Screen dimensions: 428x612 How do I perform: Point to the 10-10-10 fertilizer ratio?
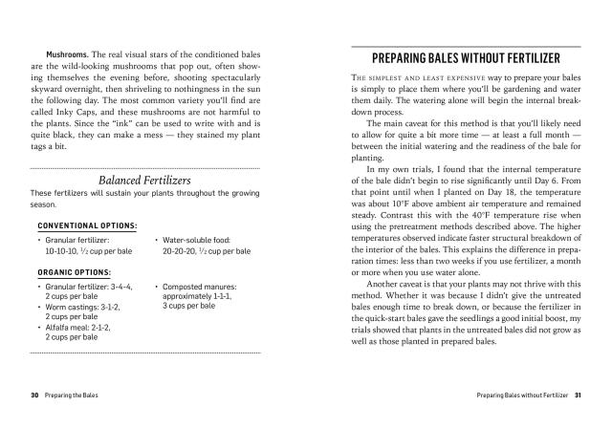click(x=63, y=250)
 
